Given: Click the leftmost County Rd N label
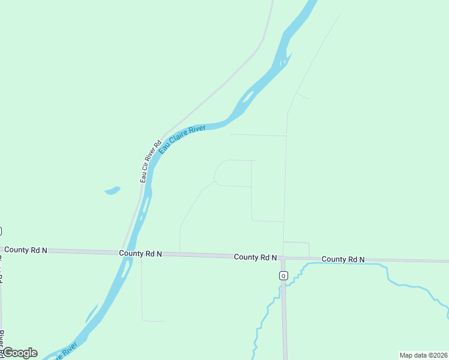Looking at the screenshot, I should (25, 250).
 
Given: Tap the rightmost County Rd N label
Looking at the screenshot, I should (343, 259).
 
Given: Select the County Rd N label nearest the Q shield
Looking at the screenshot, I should (255, 257).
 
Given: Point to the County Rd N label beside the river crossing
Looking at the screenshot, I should (140, 254).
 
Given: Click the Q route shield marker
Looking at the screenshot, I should (283, 275).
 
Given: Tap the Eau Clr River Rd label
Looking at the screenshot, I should (151, 161).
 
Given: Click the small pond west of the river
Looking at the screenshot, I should (112, 191).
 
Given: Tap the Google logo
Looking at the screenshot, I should (20, 353).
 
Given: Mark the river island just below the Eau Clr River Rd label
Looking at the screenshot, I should (144, 207).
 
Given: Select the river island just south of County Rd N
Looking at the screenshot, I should (124, 271).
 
